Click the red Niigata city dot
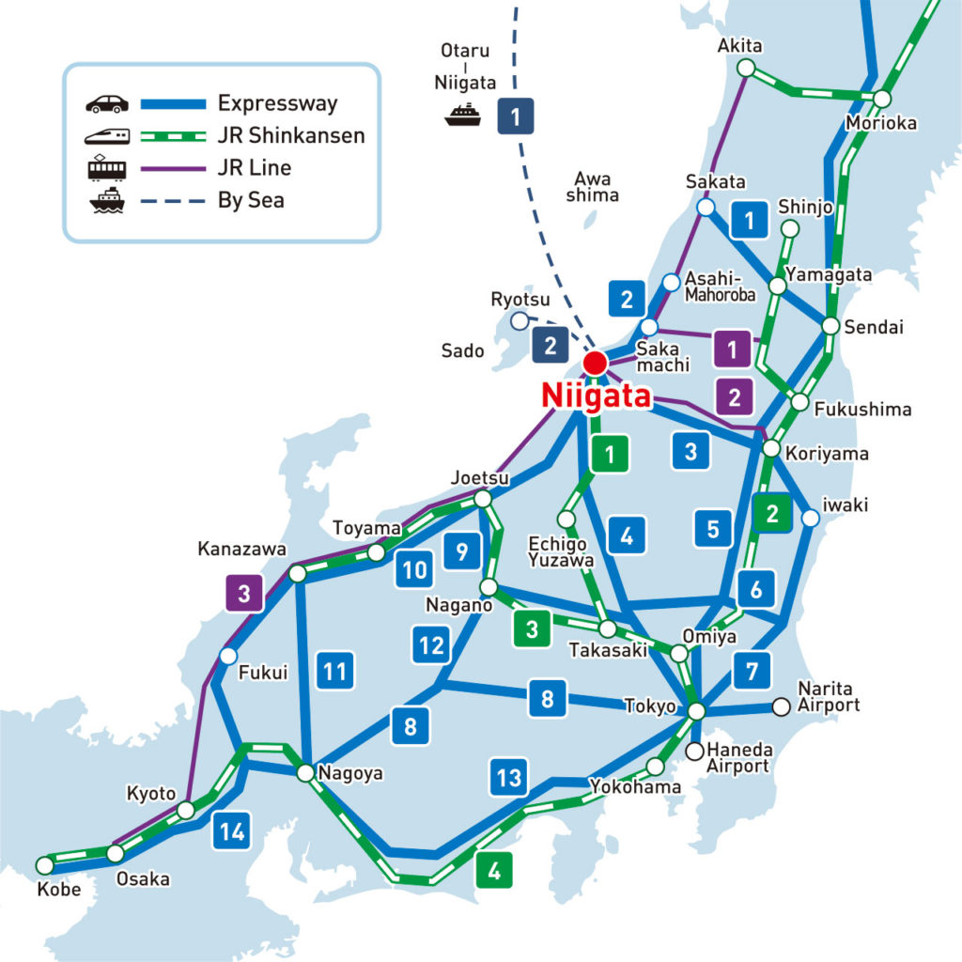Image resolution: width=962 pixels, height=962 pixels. [595, 363]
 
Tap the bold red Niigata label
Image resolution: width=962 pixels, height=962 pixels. [596, 396]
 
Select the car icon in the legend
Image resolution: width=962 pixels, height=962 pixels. [106, 103]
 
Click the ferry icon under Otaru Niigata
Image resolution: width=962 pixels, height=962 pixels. [463, 115]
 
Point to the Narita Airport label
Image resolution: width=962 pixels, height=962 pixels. [829, 696]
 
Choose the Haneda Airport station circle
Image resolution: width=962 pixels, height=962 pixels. [694, 751]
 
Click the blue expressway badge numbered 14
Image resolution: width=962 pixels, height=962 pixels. [231, 831]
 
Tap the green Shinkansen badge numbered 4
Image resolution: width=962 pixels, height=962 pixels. [494, 870]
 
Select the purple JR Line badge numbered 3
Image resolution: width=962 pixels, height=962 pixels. [244, 594]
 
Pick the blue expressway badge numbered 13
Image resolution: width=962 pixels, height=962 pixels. [508, 777]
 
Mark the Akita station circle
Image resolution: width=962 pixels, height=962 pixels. [746, 68]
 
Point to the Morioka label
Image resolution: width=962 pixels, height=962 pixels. [881, 123]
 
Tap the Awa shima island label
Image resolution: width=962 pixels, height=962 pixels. [593, 187]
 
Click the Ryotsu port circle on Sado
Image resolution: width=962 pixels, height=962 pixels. [519, 321]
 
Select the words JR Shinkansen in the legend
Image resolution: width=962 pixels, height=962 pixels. [290, 135]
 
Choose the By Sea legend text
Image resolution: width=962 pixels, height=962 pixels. [251, 199]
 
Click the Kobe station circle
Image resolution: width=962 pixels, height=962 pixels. [44, 864]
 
